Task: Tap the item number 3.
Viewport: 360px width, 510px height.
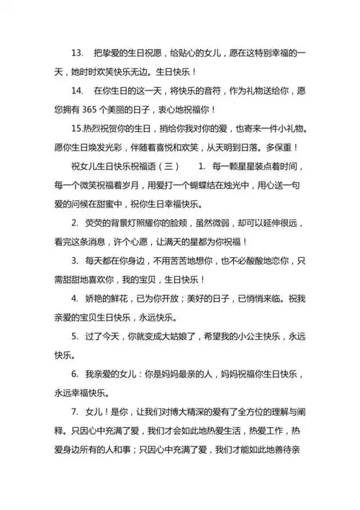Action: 75,260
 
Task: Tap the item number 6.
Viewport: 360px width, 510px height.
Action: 75,374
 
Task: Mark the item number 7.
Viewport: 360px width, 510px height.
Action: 75,411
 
